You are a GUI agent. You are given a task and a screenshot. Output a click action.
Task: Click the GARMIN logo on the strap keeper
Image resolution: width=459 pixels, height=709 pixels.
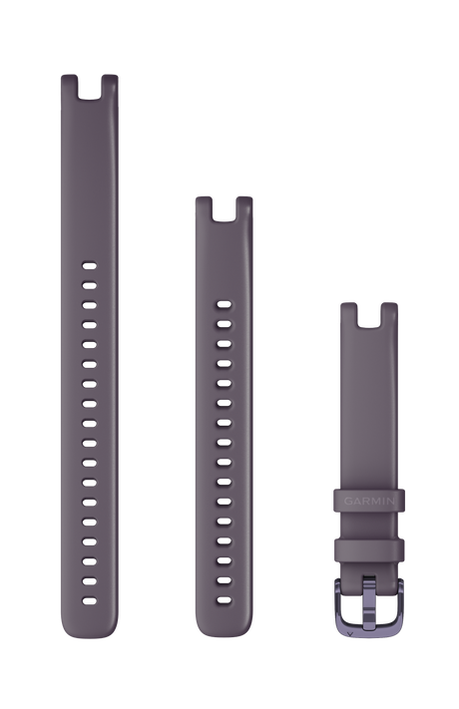(x=369, y=501)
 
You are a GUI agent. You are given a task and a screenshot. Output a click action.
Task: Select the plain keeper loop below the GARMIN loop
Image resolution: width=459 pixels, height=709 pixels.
(x=369, y=549)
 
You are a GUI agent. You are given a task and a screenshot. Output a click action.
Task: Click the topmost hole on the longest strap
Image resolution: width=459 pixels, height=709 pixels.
(x=89, y=265)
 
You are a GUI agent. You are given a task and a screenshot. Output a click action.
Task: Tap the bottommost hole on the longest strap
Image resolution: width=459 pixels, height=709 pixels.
(x=89, y=601)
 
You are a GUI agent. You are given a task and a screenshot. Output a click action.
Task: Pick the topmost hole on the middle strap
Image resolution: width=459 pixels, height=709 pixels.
(x=224, y=304)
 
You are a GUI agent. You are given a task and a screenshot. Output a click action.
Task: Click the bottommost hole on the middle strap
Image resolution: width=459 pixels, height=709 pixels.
(x=224, y=600)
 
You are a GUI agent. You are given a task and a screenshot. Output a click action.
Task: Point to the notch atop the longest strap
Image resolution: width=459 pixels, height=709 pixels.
(x=89, y=87)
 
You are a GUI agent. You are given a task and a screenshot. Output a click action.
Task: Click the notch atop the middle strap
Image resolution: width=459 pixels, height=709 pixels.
(x=224, y=208)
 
